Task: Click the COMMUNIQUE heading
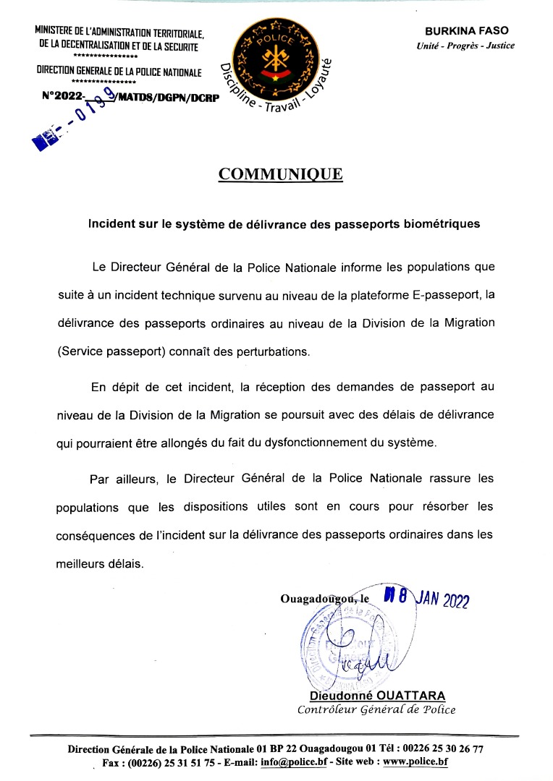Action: (280, 174)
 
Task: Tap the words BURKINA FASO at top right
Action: (467, 31)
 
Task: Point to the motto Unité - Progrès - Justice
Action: (465, 46)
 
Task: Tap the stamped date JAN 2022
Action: (442, 600)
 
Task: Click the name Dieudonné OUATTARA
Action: (377, 696)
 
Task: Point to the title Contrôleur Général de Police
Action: (376, 709)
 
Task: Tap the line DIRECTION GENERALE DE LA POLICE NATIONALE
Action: (119, 72)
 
